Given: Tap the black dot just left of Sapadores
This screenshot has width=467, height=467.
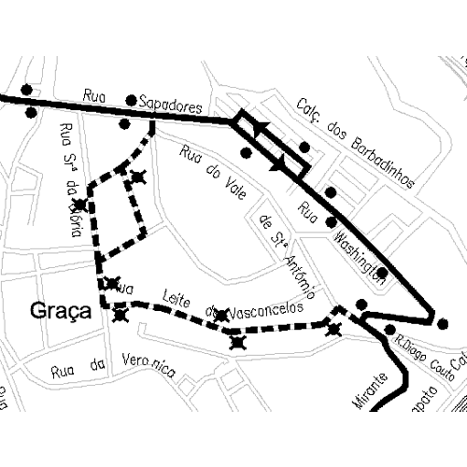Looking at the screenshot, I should click(x=131, y=100).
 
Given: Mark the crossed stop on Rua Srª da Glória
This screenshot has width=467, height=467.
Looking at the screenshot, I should click(x=81, y=205).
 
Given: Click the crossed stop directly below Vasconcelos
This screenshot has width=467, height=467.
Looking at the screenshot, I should click(x=238, y=344).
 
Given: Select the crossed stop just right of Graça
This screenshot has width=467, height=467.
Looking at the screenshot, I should click(x=120, y=314).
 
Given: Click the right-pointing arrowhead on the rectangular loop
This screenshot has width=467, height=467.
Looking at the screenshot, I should click(x=277, y=164).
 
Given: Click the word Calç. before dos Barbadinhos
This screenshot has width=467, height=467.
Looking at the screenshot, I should click(x=310, y=113).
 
